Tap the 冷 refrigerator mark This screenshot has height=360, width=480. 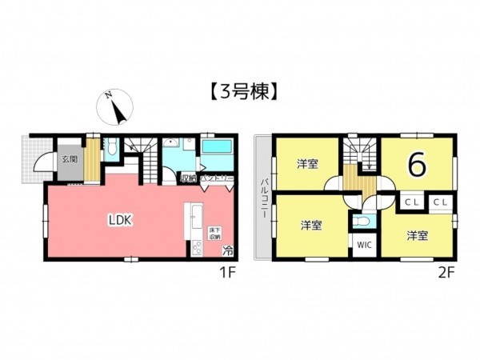pyautogui.click(x=228, y=250)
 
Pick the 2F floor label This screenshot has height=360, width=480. pyautogui.click(x=446, y=271)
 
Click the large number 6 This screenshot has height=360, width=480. pyautogui.click(x=416, y=164)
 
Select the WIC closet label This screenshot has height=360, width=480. pyautogui.click(x=363, y=245)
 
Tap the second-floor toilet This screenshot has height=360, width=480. pyautogui.click(x=364, y=221)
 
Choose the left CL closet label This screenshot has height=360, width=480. pyautogui.click(x=411, y=202)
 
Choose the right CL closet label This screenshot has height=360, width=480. pyautogui.click(x=439, y=202)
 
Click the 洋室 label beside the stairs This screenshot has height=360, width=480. pyautogui.click(x=307, y=164)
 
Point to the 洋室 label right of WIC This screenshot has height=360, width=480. pyautogui.click(x=416, y=235)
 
